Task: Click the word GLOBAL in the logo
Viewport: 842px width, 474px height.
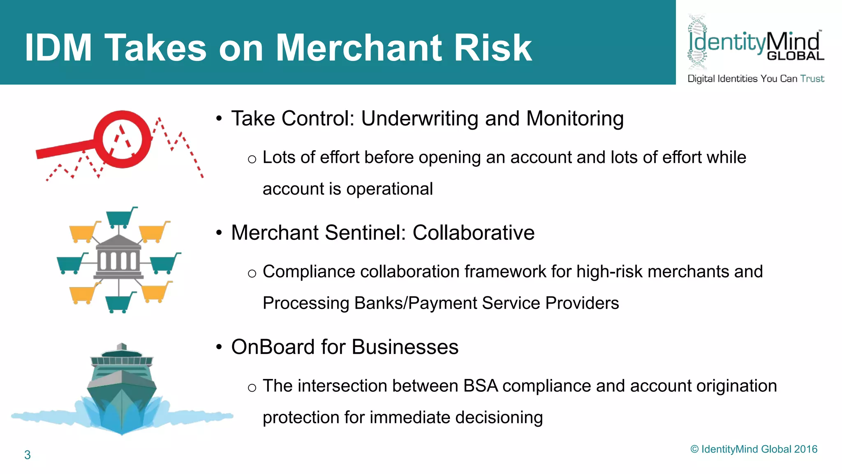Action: (x=795, y=56)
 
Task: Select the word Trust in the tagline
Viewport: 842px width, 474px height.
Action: (x=812, y=79)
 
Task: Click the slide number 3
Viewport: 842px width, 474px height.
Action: (x=27, y=455)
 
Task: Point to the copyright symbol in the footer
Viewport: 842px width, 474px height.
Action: (x=694, y=449)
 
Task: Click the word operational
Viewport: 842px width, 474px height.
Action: (x=389, y=189)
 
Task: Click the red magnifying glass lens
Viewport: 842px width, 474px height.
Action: (x=122, y=139)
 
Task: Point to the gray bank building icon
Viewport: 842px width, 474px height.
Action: (x=118, y=259)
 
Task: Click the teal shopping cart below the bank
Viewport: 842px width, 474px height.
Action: (x=120, y=302)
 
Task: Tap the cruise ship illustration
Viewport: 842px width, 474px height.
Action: (x=122, y=389)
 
